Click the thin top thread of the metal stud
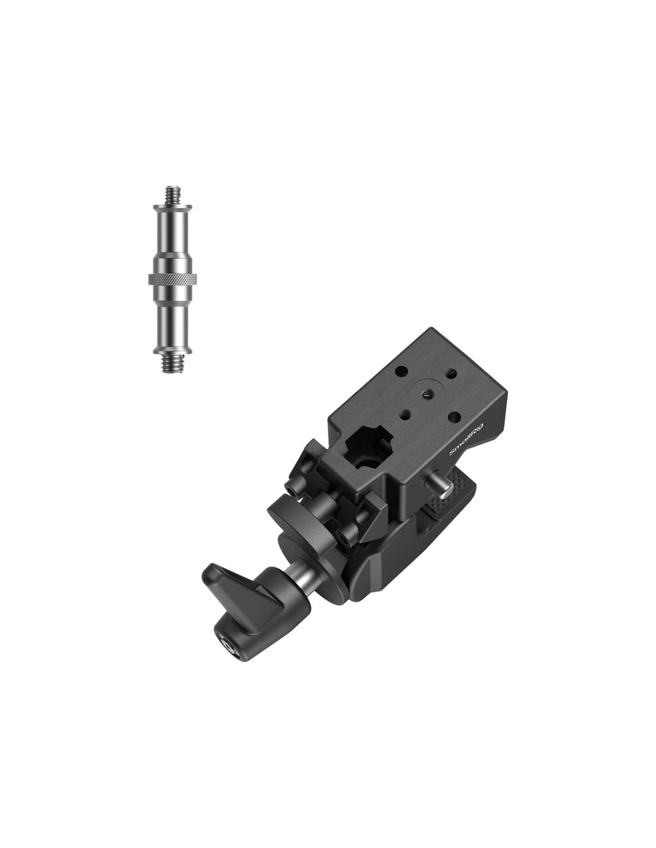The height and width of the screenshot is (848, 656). click(172, 194)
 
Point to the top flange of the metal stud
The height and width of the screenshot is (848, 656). click(172, 206)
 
